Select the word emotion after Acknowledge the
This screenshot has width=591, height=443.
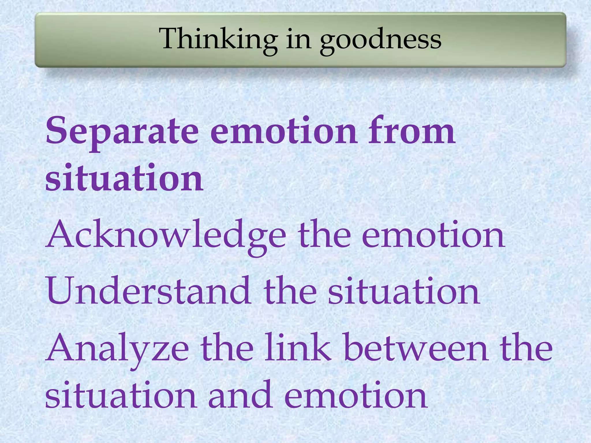click(433, 235)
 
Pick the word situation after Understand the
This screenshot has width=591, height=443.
click(404, 291)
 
